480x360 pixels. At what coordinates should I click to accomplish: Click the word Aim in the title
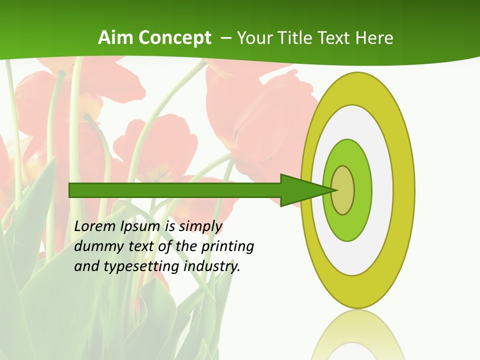point(116,38)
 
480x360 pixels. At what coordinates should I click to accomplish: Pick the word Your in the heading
point(255,38)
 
